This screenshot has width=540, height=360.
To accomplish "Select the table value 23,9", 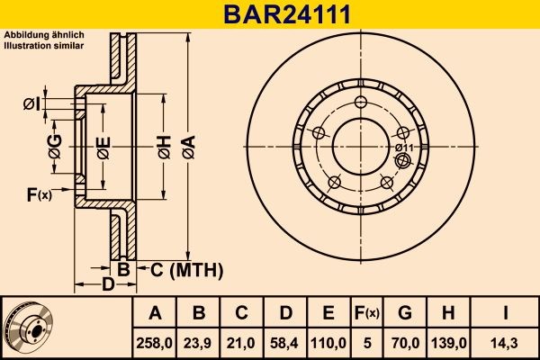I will click(199, 342).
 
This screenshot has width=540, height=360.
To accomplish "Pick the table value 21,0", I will click(242, 342).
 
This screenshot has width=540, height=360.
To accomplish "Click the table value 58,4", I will click(285, 342).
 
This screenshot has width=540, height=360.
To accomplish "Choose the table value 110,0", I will click(328, 342).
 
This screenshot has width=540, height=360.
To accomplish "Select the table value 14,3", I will click(506, 342).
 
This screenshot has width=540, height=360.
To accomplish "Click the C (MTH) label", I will click(184, 269).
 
